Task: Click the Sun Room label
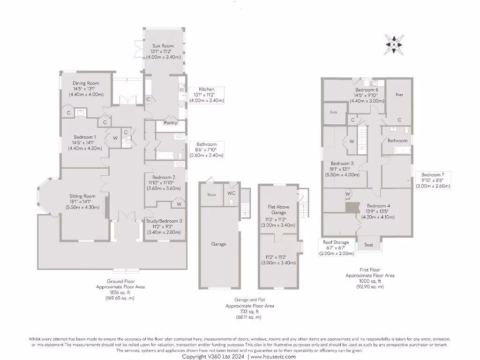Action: pyautogui.click(x=159, y=46)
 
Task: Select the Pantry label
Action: pyautogui.click(x=170, y=123)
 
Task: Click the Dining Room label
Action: pyautogui.click(x=85, y=83)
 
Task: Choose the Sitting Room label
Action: pyautogui.click(x=82, y=196)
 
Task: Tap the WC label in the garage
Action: pyautogui.click(x=232, y=193)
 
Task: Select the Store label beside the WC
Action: pyautogui.click(x=211, y=195)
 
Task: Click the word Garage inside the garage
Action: pyautogui.click(x=218, y=244)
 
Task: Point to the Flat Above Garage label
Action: pyautogui.click(x=278, y=210)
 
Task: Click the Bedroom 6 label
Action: pyautogui.click(x=367, y=90)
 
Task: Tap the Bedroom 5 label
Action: pyautogui.click(x=342, y=164)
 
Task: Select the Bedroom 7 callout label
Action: pyautogui.click(x=433, y=174)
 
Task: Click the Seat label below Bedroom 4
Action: pyautogui.click(x=368, y=245)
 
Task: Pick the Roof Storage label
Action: pyautogui.click(x=336, y=242)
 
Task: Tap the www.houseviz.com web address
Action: pyautogui.click(x=273, y=357)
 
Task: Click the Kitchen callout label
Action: pyautogui.click(x=206, y=89)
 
